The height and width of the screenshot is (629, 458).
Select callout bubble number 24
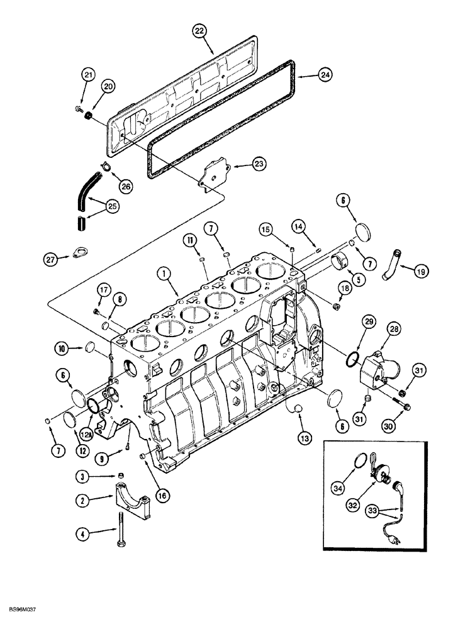(x=325, y=75)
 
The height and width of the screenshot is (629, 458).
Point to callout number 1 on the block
(x=163, y=274)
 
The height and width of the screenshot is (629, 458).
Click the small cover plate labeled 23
(x=211, y=174)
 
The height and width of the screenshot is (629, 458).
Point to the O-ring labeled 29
(x=354, y=360)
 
